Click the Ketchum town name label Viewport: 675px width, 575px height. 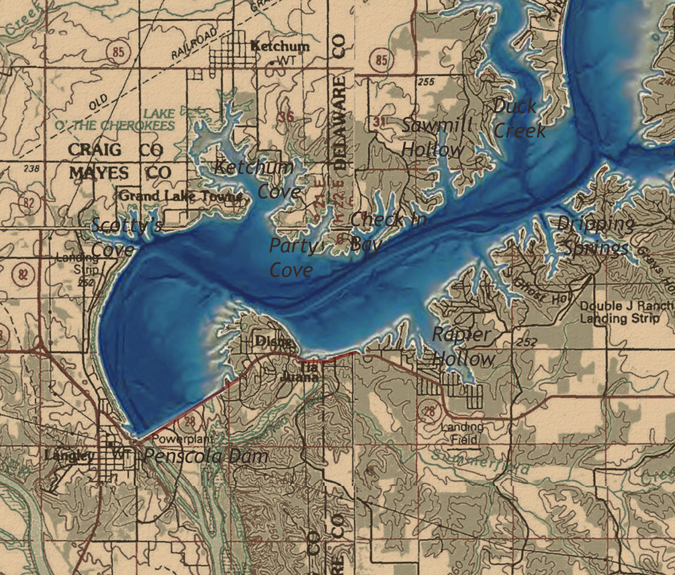280,46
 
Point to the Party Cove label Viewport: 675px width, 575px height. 294,257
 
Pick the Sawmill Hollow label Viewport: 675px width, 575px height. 437,137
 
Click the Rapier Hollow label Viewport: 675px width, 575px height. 463,346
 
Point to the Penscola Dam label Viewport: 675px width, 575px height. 206,456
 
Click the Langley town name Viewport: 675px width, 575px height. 69,456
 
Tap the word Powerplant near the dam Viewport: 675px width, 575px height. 182,439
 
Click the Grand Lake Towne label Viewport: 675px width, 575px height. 182,197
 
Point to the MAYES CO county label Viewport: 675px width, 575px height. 120,173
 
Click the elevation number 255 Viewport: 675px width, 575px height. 425,81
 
